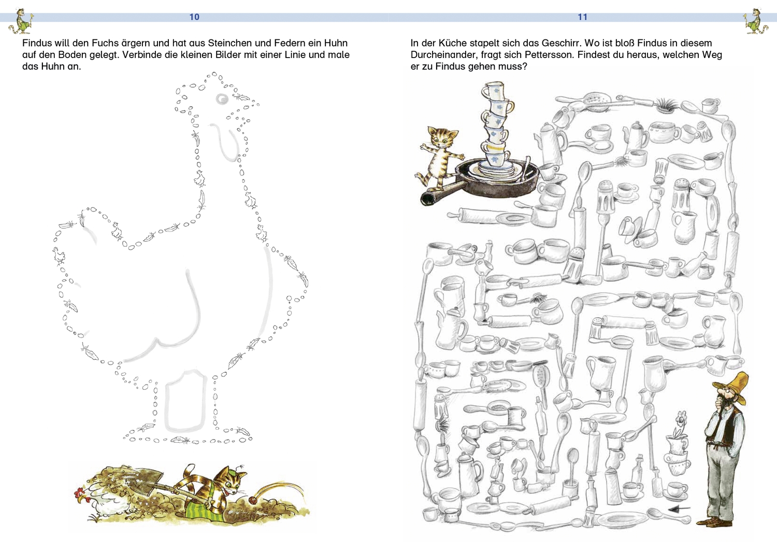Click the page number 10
[194, 17]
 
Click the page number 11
[582, 17]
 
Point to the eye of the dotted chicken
[222, 99]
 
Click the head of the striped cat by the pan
[441, 135]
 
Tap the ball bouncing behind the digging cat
[254, 500]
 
